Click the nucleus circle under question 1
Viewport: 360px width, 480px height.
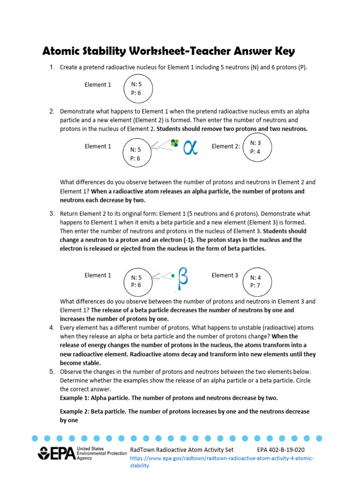click(x=136, y=89)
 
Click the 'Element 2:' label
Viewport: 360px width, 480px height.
click(x=226, y=146)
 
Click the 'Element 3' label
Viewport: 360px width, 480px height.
click(x=225, y=275)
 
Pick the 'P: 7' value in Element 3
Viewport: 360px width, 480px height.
click(x=256, y=285)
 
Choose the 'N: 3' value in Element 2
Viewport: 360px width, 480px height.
click(x=255, y=142)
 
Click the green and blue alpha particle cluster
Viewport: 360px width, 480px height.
click(x=175, y=142)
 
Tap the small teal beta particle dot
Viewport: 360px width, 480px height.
click(x=173, y=276)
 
